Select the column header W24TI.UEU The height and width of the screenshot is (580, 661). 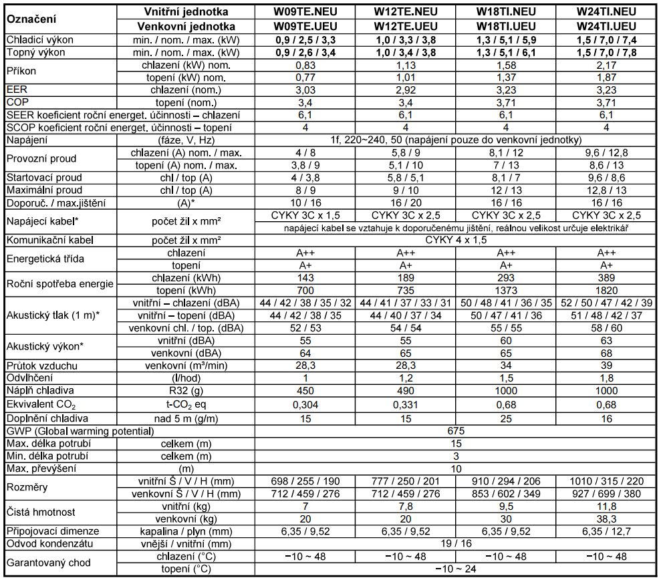[604, 27]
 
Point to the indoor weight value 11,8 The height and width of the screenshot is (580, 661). [604, 506]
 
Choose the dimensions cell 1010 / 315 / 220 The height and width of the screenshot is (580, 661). [604, 481]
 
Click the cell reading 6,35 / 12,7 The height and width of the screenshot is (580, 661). [604, 531]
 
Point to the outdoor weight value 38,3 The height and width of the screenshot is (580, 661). [604, 519]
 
